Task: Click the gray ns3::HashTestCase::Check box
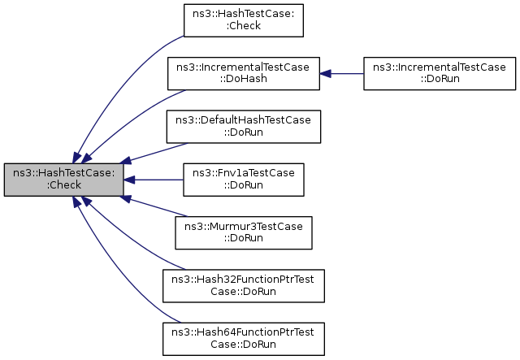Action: point(63,180)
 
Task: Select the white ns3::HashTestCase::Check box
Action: point(244,20)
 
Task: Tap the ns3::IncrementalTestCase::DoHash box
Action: point(244,73)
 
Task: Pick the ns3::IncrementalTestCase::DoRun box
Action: point(440,73)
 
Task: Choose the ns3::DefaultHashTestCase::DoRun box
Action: point(244,127)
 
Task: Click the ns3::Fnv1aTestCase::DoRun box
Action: point(244,180)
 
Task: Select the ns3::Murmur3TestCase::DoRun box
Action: point(244,232)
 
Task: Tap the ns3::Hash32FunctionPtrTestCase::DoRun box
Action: point(244,286)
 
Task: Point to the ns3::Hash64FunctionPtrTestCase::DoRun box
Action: point(244,339)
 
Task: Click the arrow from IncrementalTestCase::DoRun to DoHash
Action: point(341,74)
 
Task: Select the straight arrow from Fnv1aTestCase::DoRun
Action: point(154,180)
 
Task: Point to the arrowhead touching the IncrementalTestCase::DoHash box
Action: point(325,74)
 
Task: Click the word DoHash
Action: point(244,79)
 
